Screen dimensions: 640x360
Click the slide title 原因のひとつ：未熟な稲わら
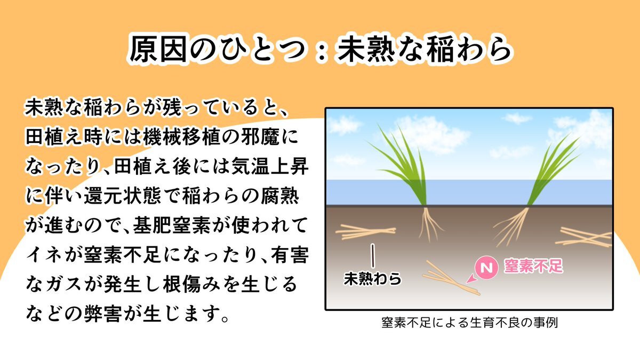[320, 49]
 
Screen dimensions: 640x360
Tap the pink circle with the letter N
[486, 267]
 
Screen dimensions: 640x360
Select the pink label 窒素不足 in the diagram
[533, 266]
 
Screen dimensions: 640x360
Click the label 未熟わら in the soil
[373, 278]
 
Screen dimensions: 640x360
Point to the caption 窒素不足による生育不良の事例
[469, 323]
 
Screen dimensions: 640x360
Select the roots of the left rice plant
[430, 225]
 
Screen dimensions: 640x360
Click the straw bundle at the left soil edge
[366, 231]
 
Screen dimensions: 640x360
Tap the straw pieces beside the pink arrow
[451, 278]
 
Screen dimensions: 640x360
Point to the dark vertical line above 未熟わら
[373, 255]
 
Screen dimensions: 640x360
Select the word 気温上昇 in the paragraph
[270, 166]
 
